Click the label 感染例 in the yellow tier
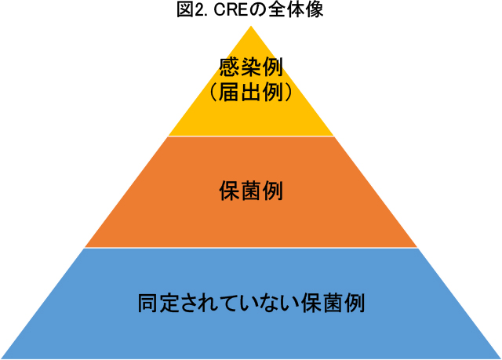pyautogui.click(x=251, y=67)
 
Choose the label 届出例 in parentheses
pyautogui.click(x=251, y=92)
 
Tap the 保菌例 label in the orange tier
pyautogui.click(x=251, y=191)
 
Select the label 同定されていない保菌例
pyautogui.click(x=251, y=303)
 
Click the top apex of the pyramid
pyautogui.click(x=251, y=26)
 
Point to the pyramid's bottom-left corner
pyautogui.click(x=1, y=358)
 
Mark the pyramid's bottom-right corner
pyautogui.click(x=500, y=358)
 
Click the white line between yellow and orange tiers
pyautogui.click(x=251, y=136)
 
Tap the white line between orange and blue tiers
pyautogui.click(x=251, y=248)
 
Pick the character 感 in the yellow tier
pyautogui.click(x=230, y=67)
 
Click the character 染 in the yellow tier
pyautogui.click(x=251, y=67)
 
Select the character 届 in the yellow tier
pyautogui.click(x=230, y=92)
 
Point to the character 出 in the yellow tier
pyautogui.click(x=251, y=92)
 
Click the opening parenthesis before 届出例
pyautogui.click(x=213, y=93)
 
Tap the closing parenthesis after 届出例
pyautogui.click(x=288, y=93)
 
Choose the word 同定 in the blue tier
pyautogui.click(x=158, y=303)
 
